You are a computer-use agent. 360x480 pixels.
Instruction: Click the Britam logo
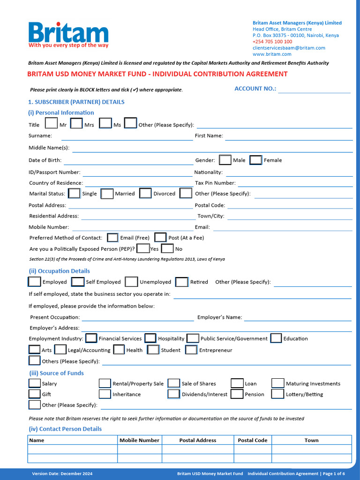pos(68,35)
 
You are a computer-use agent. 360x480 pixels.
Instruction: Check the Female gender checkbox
pos(255,160)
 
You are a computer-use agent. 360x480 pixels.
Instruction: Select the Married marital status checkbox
pos(107,194)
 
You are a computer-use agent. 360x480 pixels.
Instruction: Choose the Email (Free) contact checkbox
pos(112,238)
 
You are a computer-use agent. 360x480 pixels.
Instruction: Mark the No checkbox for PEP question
pos(167,248)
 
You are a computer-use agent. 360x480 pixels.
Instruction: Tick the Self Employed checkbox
pos(78,282)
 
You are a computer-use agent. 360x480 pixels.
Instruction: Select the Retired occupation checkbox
pos(182,282)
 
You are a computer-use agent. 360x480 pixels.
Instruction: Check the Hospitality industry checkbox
pos(150,338)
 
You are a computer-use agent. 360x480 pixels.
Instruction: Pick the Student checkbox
pos(153,350)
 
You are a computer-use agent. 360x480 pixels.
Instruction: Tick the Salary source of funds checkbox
pos(35,383)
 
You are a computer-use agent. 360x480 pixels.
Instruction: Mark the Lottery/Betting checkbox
pos(278,394)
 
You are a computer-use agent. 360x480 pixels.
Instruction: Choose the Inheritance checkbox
pos(105,394)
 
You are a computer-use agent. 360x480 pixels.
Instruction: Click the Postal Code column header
pos(253,440)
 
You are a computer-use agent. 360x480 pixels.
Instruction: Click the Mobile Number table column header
pos(139,440)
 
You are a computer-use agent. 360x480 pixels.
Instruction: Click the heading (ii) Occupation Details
pos(59,271)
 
